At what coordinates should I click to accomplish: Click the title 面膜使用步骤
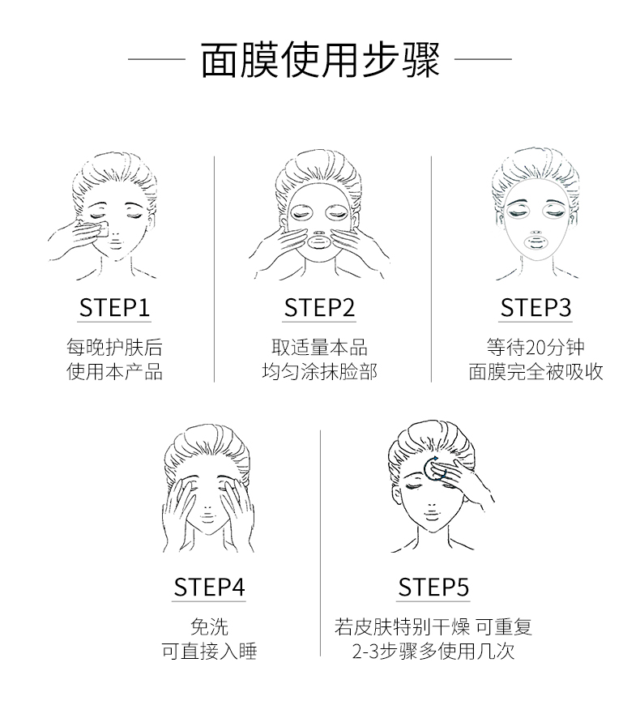(x=320, y=59)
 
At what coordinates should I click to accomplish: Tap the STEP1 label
(x=114, y=308)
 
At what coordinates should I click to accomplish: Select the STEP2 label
(x=319, y=308)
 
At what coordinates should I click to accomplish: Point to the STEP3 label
(x=535, y=308)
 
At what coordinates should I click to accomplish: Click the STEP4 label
(x=209, y=588)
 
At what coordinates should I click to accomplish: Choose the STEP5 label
(x=433, y=588)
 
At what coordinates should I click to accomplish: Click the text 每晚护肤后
(x=114, y=348)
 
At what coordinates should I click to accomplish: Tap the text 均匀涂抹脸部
(x=319, y=371)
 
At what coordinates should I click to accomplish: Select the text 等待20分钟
(x=535, y=348)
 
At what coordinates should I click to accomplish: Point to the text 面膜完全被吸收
(x=535, y=371)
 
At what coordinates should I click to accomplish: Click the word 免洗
(x=209, y=626)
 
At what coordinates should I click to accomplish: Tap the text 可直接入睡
(x=209, y=651)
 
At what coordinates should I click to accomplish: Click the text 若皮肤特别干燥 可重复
(x=433, y=626)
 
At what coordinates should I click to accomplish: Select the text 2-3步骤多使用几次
(x=433, y=651)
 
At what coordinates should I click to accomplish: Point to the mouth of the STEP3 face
(x=535, y=243)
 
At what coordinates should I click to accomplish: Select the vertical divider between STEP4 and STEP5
(x=321, y=543)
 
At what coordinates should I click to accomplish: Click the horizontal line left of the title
(x=156, y=58)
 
